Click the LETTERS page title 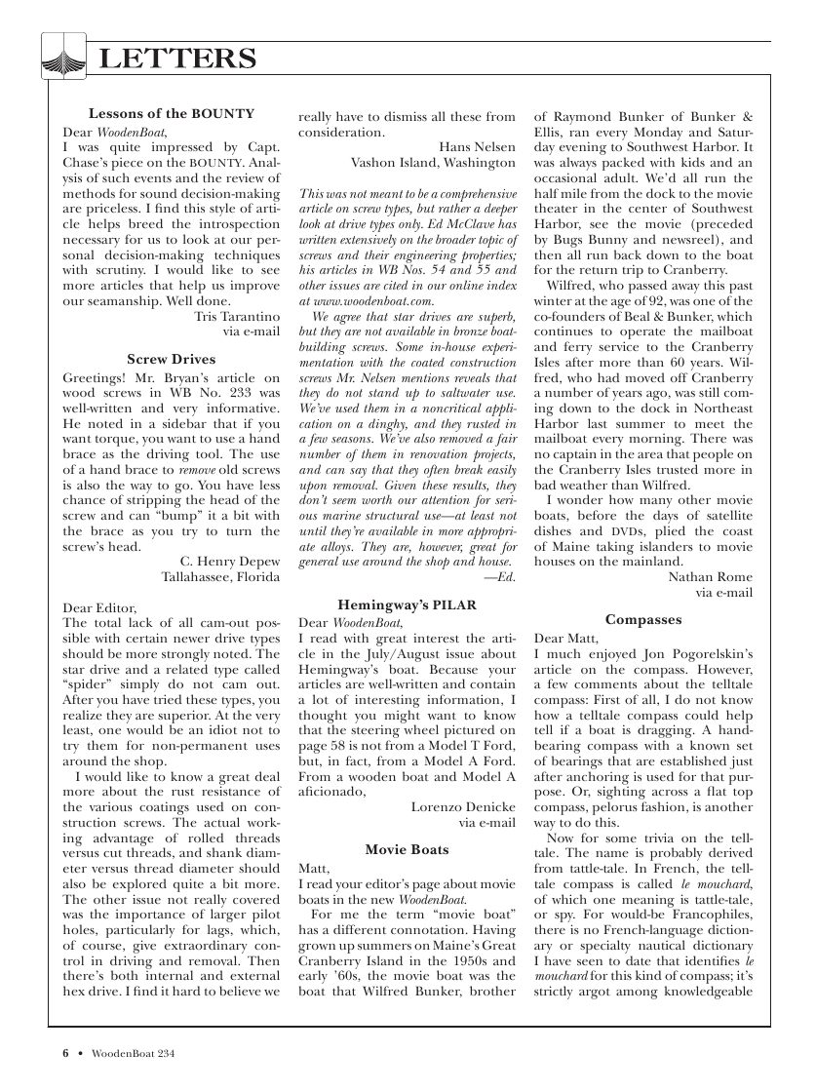pos(178,60)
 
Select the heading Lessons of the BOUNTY pos(172,113)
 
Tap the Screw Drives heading pos(172,359)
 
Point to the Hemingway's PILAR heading pos(407,604)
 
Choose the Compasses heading pos(642,619)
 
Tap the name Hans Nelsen pos(477,146)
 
